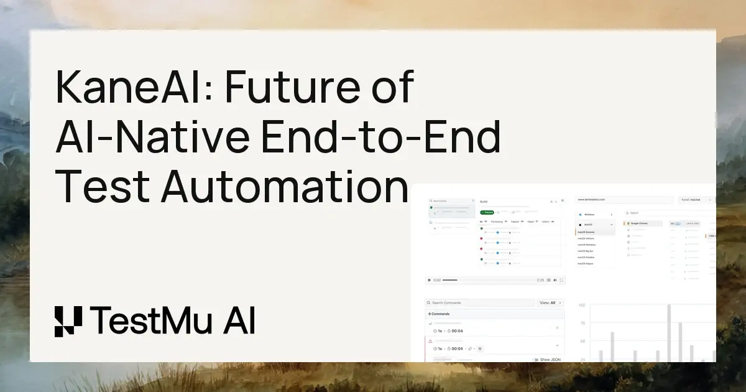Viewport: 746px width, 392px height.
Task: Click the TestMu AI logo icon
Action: tap(68, 322)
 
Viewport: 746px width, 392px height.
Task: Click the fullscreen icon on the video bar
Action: tap(562, 280)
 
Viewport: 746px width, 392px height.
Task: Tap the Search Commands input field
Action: tap(480, 303)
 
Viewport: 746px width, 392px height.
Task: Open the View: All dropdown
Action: tap(551, 303)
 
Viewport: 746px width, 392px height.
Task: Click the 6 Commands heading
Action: tap(440, 314)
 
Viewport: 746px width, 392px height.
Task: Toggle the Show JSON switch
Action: tap(536, 360)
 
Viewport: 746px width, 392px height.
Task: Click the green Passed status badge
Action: tap(487, 212)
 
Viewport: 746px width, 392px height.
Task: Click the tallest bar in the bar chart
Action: tap(669, 333)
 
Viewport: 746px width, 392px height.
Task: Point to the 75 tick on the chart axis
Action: tap(582, 324)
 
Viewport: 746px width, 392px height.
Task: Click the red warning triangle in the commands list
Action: tap(430, 341)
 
